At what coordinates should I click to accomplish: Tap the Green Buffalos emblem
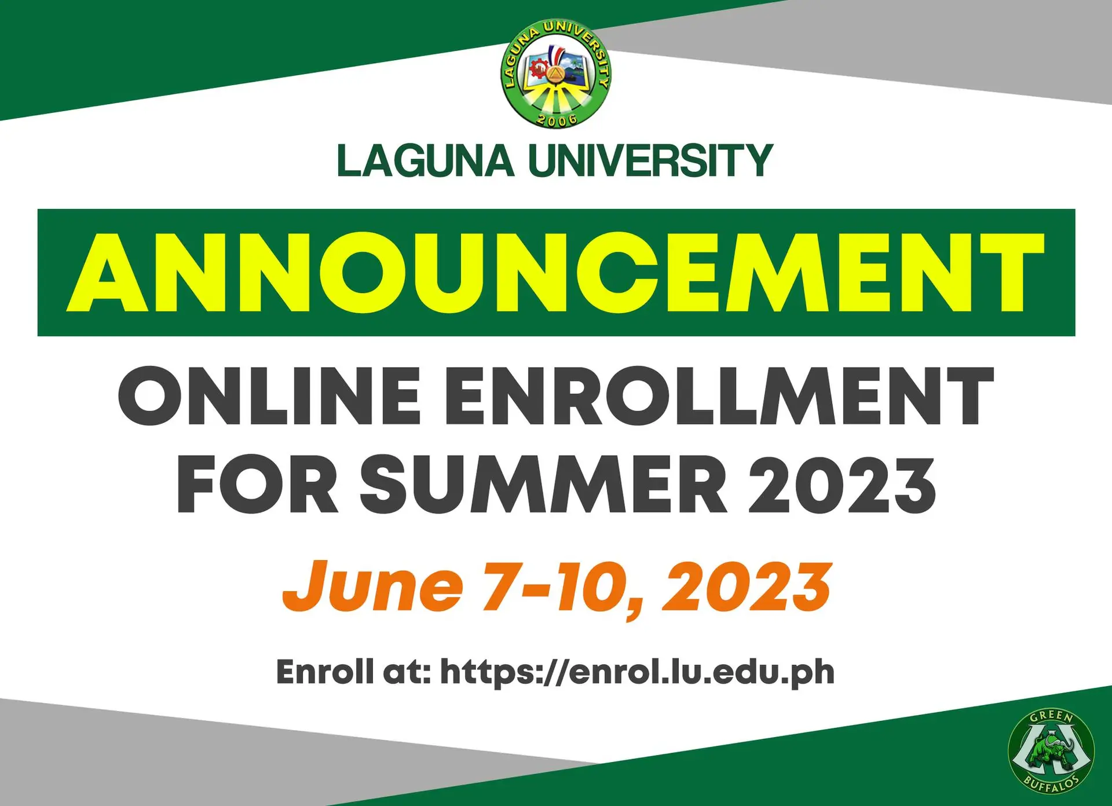click(x=1051, y=750)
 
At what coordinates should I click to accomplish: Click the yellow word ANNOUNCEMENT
click(x=556, y=273)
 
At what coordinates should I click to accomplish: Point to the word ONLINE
click(x=269, y=397)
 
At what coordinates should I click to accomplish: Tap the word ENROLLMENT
click(x=719, y=397)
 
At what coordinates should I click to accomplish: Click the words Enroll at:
click(x=353, y=672)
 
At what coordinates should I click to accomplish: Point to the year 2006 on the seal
click(x=557, y=120)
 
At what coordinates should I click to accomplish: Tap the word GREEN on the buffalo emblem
click(x=1051, y=717)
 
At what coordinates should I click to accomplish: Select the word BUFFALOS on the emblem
click(x=1051, y=785)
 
